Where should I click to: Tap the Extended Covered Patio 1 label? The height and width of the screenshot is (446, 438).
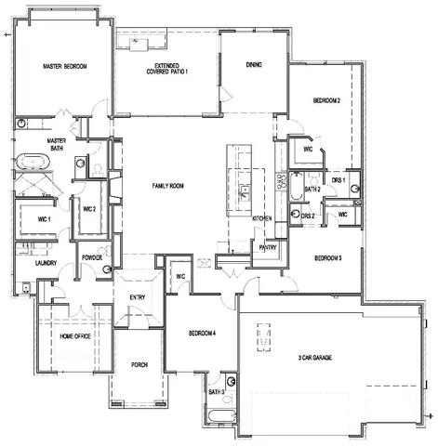(x=166, y=70)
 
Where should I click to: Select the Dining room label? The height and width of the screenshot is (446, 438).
(x=253, y=65)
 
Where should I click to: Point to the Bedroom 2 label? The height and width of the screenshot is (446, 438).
(x=326, y=99)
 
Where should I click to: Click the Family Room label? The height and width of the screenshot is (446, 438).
(x=168, y=186)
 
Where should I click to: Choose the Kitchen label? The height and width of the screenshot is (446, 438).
(x=263, y=218)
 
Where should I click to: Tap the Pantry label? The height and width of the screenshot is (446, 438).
(x=269, y=248)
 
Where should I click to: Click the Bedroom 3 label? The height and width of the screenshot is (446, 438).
(x=328, y=258)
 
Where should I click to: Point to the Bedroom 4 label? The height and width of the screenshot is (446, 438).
(x=202, y=334)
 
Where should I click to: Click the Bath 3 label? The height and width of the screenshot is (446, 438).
(x=216, y=392)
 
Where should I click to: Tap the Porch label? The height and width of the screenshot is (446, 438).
(x=139, y=363)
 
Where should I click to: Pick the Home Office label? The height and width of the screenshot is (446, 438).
(x=74, y=335)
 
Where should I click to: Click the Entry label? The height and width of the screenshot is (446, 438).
(x=138, y=296)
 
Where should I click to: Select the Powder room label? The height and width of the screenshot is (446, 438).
(x=91, y=257)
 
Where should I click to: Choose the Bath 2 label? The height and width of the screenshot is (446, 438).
(x=314, y=190)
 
